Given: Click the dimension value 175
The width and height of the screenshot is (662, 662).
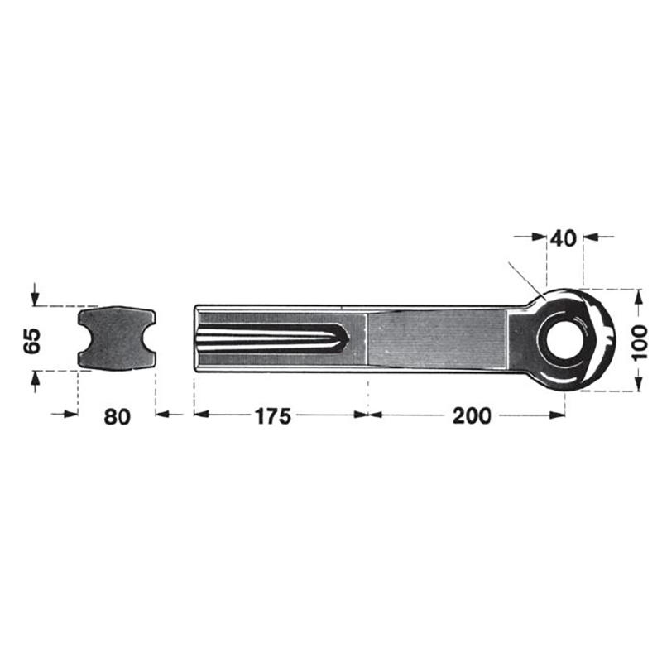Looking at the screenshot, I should (272, 415).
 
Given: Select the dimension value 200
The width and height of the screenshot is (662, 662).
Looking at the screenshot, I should (472, 415).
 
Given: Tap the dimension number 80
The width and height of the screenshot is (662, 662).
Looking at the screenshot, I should (118, 416).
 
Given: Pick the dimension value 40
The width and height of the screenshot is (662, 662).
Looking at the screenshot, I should (563, 238).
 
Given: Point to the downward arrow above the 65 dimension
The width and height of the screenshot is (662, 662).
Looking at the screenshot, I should (34, 296).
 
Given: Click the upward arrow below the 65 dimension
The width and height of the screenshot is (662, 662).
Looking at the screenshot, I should (34, 378).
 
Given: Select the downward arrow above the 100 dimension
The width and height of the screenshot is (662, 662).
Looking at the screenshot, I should (638, 296).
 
